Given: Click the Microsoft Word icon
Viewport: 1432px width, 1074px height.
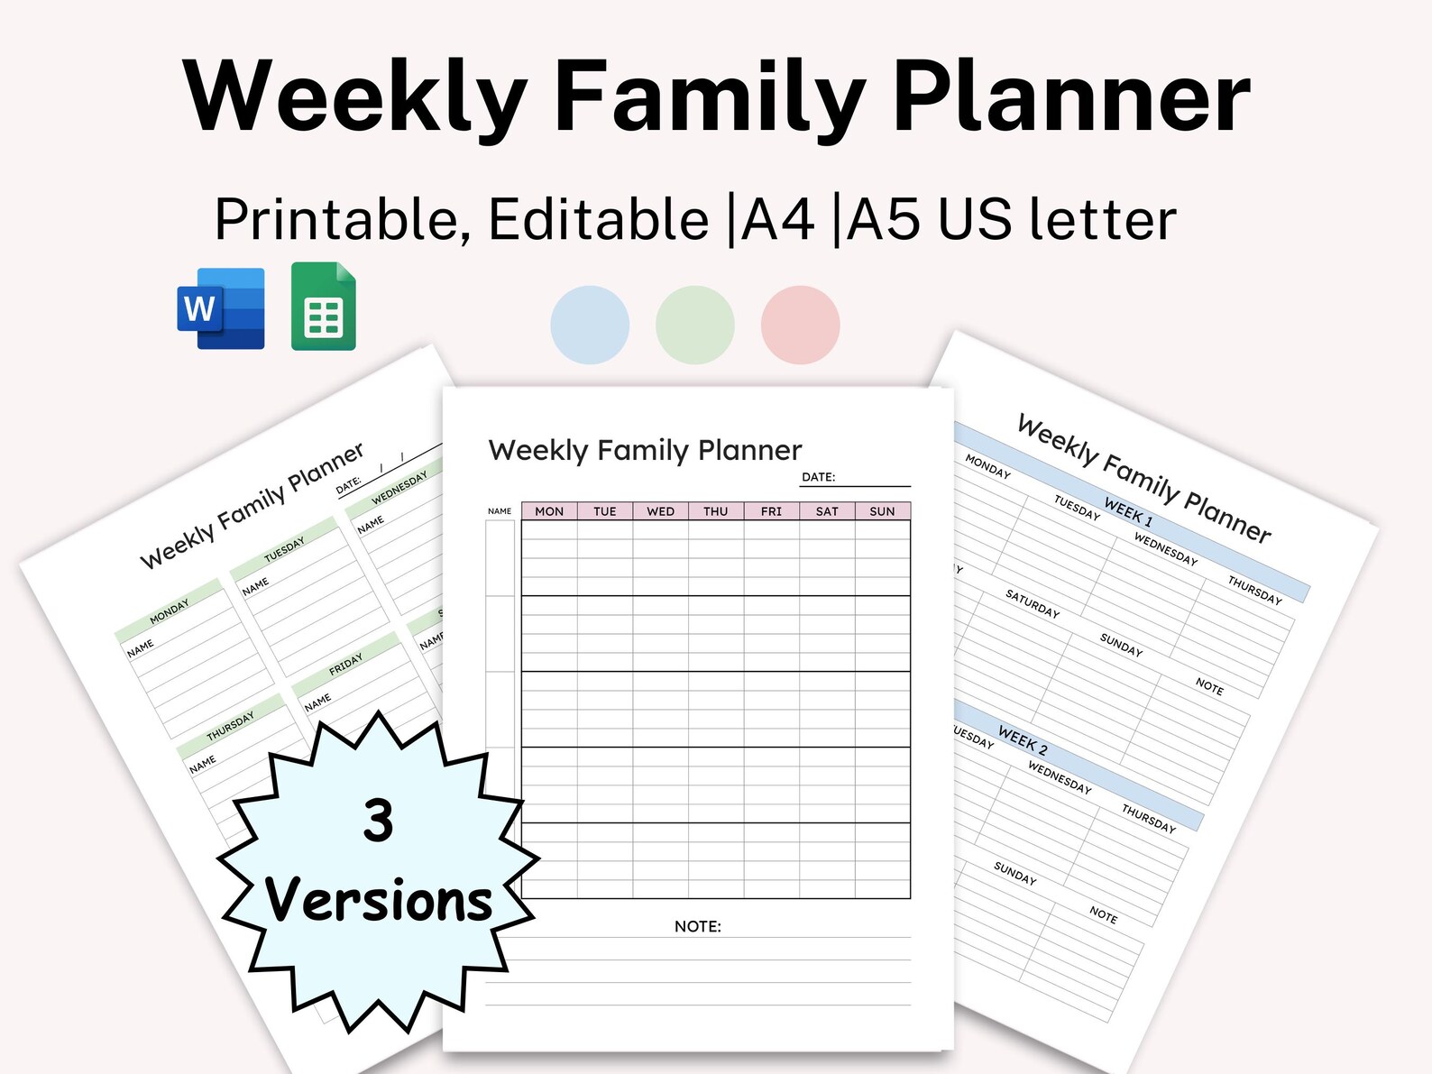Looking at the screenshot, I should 221,308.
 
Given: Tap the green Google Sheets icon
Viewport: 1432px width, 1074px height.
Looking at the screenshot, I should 324,307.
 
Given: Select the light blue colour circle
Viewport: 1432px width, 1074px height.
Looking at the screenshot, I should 590,325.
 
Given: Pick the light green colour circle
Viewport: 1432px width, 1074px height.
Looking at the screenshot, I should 695,325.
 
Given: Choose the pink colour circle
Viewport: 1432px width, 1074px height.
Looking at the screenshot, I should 801,325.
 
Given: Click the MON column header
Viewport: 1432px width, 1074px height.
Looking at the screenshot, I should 549,511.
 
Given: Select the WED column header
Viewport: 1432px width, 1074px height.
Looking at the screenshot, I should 660,511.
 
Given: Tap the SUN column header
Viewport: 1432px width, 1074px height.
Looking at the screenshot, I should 882,511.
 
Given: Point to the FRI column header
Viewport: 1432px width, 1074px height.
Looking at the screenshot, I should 771,511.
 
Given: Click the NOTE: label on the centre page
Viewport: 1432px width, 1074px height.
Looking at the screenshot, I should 698,926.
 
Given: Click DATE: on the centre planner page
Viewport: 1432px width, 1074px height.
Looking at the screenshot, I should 819,477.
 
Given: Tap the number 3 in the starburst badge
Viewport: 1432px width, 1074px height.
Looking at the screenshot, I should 379,821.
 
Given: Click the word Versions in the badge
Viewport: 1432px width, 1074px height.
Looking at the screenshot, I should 379,901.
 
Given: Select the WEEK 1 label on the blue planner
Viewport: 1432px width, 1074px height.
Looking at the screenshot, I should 1128,511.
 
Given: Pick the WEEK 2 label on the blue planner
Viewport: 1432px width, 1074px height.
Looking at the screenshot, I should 1023,740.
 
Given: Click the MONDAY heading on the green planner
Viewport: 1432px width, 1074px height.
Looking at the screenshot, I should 170,611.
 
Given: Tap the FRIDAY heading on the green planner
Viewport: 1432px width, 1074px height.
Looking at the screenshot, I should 345,665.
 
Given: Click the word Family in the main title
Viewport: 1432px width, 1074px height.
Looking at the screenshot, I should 710,96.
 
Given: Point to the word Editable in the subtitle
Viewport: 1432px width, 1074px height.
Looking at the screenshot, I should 599,219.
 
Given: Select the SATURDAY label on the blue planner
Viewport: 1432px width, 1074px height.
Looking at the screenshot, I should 1033,602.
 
